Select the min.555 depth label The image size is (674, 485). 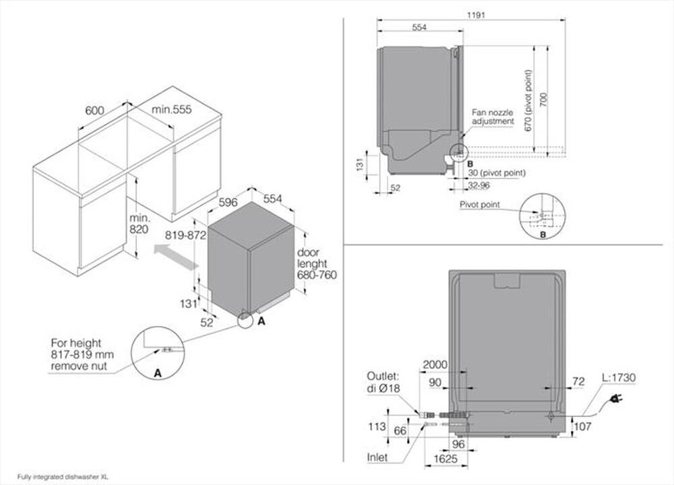click(172, 110)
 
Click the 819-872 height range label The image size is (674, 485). click(185, 236)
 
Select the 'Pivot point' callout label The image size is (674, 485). click(480, 204)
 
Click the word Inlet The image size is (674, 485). click(377, 457)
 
